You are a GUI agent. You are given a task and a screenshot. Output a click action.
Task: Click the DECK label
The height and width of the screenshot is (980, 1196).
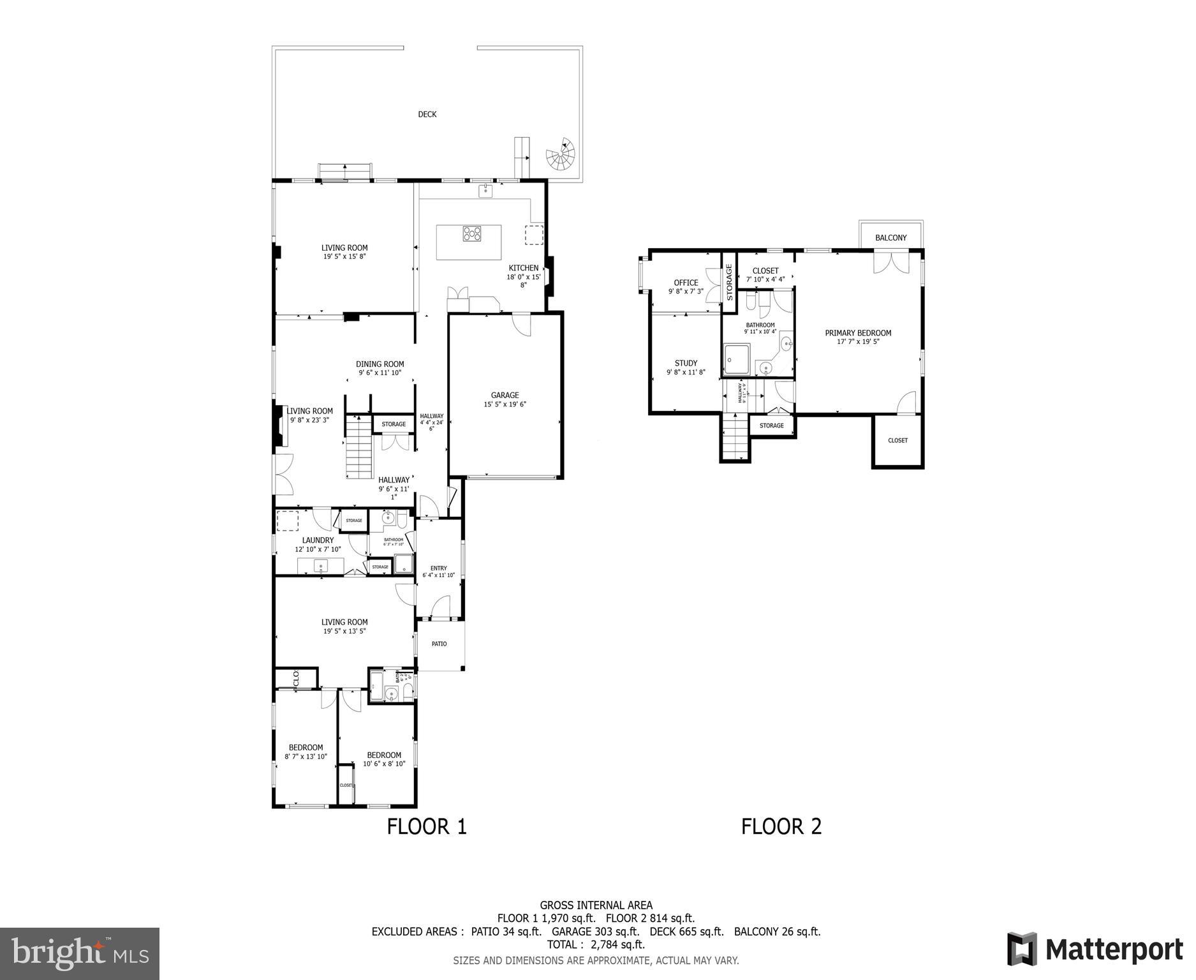click(x=427, y=114)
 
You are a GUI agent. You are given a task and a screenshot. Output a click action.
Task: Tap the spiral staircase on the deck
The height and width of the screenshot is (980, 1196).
click(x=561, y=155)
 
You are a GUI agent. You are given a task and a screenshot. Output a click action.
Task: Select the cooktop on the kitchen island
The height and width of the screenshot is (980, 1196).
click(x=472, y=234)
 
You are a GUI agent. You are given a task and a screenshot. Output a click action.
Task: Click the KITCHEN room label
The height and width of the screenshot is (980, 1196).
click(x=523, y=268)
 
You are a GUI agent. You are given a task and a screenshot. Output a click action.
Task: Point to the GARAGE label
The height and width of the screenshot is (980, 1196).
click(x=505, y=396)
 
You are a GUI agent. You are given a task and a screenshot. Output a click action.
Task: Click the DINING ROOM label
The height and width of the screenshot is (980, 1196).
click(x=380, y=364)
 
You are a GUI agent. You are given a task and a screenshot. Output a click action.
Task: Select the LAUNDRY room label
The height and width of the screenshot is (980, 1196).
click(x=318, y=540)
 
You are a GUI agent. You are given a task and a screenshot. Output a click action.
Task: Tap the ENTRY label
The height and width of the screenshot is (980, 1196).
click(x=438, y=568)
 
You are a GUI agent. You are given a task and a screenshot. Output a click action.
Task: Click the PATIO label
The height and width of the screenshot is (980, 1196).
click(x=439, y=644)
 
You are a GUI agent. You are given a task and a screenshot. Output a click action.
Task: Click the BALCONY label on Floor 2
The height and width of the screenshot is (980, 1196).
click(x=890, y=238)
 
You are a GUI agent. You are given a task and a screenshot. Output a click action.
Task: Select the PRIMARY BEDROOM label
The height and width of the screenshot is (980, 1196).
click(x=858, y=333)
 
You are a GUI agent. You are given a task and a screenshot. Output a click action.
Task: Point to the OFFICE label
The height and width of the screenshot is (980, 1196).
click(x=686, y=283)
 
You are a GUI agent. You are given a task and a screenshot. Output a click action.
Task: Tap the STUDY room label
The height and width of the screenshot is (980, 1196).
click(x=686, y=364)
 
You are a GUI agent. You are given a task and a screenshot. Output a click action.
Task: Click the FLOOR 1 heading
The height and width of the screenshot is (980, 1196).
click(x=427, y=827)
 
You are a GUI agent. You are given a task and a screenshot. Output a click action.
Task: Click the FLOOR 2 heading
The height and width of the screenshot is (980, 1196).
click(x=781, y=827)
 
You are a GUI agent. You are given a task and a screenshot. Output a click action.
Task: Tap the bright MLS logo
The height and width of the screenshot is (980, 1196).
click(x=80, y=953)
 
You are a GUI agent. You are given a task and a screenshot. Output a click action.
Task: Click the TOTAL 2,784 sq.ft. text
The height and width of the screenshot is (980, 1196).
click(x=596, y=944)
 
